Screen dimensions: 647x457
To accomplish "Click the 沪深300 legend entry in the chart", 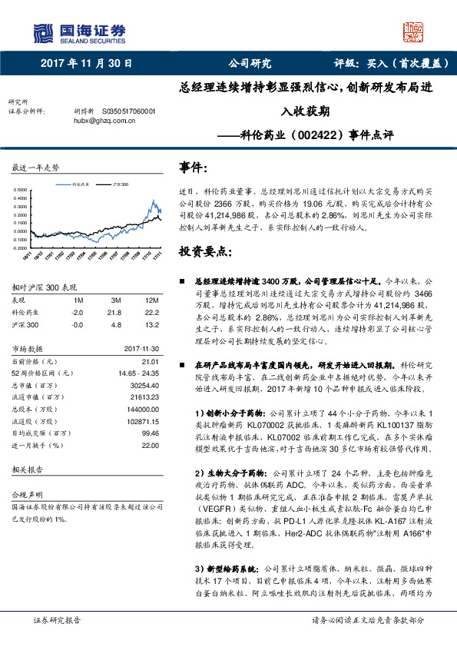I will tap(121, 185).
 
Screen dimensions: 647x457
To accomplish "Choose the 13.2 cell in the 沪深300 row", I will tap(151, 325).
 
